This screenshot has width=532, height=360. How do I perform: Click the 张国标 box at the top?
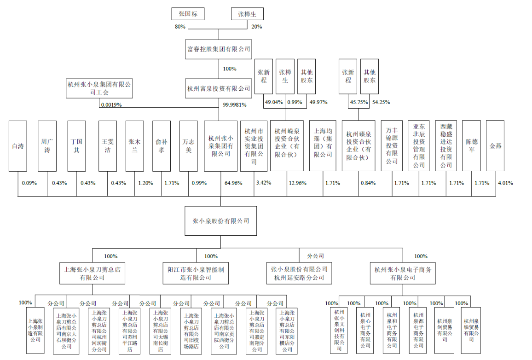[x=187, y=14]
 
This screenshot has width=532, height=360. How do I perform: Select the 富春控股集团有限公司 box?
[x=219, y=48]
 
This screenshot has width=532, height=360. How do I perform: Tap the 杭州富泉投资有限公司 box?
[x=219, y=88]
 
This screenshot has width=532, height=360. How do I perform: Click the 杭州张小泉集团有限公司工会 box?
[x=99, y=88]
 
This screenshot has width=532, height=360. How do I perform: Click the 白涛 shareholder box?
[x=18, y=146]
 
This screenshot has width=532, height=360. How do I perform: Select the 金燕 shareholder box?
[x=495, y=146]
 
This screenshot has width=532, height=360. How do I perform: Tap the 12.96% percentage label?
[x=297, y=183]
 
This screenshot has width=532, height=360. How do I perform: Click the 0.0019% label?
[x=111, y=105]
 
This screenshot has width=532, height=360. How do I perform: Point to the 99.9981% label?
[x=235, y=105]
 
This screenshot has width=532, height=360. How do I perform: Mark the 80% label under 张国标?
[x=180, y=27]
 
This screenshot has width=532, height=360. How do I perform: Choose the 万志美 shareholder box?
[x=188, y=146]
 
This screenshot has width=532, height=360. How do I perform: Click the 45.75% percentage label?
[x=359, y=103]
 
